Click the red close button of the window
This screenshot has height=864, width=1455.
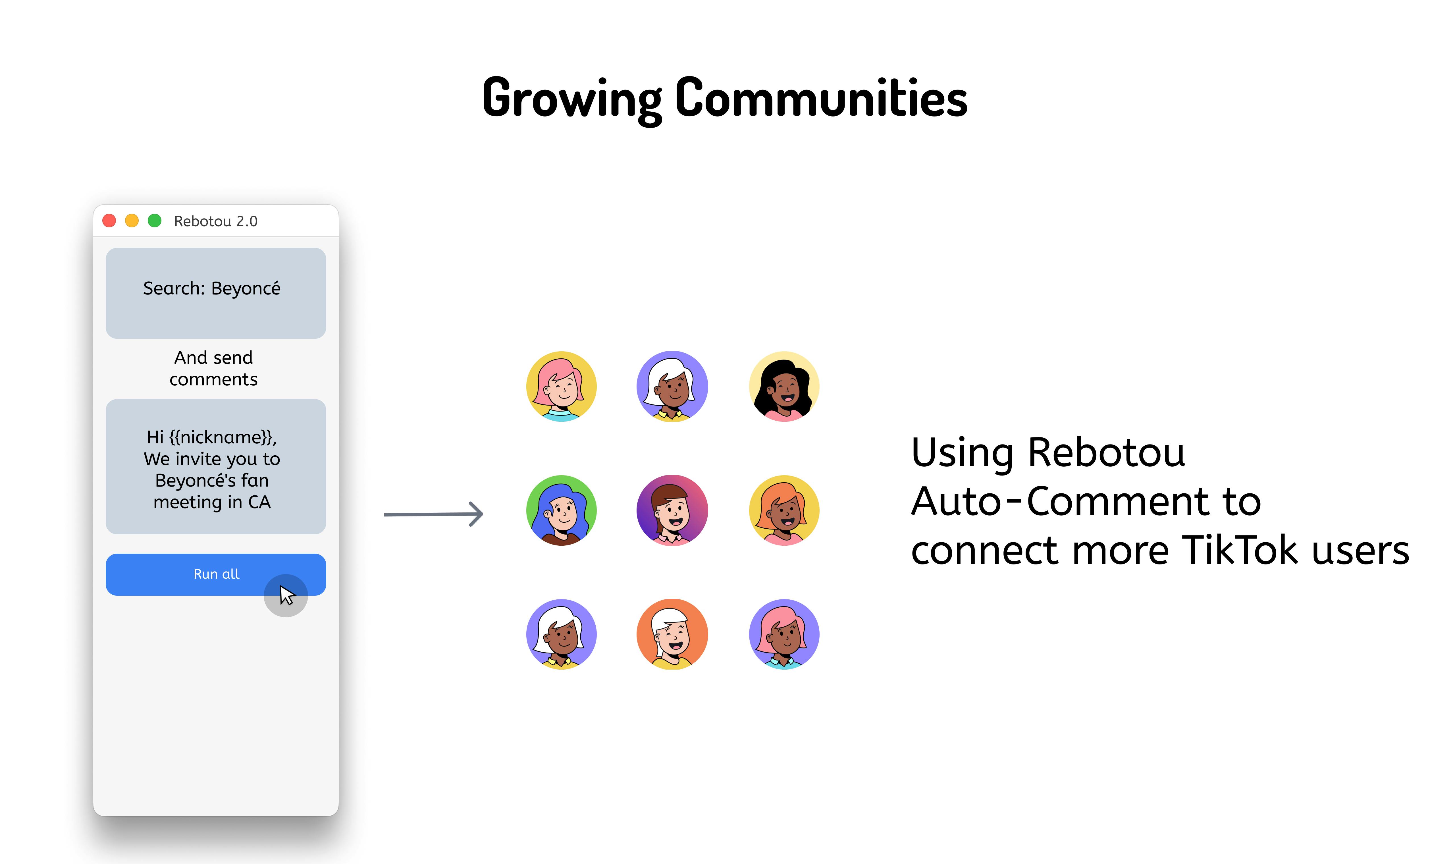[109, 221]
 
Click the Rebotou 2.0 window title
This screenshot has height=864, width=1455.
[215, 221]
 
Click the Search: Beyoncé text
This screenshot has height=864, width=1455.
[212, 288]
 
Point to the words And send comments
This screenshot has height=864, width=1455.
[214, 368]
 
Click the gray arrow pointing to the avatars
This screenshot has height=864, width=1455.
[434, 514]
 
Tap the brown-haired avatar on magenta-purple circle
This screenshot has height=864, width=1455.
[672, 510]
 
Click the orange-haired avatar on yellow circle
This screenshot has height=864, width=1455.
[784, 510]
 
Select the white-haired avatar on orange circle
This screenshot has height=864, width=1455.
[672, 634]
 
